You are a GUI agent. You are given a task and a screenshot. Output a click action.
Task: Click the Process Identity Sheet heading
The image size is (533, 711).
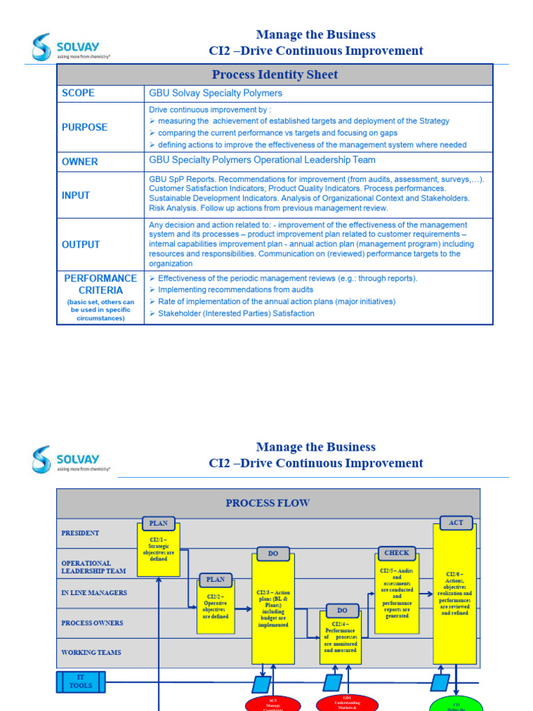[274, 74]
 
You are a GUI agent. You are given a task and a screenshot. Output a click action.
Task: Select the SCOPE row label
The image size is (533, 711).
[78, 93]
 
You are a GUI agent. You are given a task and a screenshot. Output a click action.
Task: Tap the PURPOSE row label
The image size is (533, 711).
[85, 127]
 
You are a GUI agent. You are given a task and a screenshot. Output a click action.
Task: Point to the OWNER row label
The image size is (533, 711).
[80, 162]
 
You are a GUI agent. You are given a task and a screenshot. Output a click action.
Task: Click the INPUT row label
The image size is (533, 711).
[76, 196]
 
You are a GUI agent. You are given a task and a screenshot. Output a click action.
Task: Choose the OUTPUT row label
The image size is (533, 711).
[81, 244]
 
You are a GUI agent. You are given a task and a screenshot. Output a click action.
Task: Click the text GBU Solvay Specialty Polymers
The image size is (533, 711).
[215, 93]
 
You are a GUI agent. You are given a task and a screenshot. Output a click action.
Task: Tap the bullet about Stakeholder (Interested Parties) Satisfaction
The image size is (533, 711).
[236, 313]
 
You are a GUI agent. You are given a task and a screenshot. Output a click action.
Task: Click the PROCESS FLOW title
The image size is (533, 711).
[267, 503]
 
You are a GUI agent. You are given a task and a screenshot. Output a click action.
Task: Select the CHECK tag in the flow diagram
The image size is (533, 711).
[397, 553]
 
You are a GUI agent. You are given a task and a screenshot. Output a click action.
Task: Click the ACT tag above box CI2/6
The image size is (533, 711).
[456, 522]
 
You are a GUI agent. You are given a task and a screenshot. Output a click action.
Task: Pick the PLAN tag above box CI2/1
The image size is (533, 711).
[158, 523]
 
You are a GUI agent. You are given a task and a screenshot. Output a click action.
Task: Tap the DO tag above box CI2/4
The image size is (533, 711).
[342, 610]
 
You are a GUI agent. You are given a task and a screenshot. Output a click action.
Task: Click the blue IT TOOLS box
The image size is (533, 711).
[81, 681]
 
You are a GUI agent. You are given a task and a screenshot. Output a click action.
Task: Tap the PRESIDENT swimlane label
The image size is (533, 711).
[80, 533]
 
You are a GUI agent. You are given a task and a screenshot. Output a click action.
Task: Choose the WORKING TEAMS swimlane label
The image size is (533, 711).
[91, 653]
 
